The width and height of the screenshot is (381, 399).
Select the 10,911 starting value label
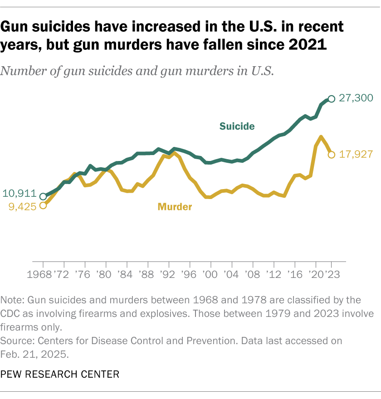[20, 193]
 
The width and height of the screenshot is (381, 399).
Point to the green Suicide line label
[237, 127]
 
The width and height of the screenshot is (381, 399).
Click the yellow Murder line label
[175, 207]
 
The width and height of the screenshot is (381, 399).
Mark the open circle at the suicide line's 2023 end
[332, 99]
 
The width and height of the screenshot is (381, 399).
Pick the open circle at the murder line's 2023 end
[332, 155]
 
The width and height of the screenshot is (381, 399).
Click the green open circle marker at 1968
[43, 196]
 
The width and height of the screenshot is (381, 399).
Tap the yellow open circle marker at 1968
[43, 205]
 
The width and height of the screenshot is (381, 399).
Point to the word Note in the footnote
[11, 300]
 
